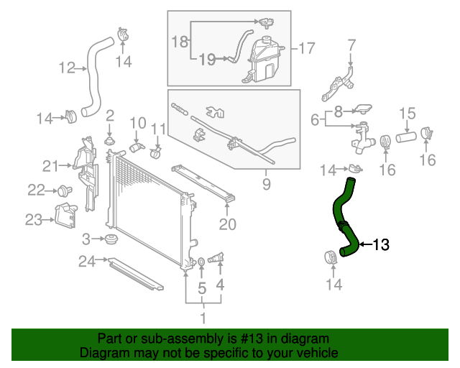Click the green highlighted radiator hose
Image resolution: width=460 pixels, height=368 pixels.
tap(343, 216)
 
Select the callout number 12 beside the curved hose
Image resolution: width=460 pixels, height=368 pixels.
tap(67, 68)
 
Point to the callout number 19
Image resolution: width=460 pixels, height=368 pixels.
tap(206, 60)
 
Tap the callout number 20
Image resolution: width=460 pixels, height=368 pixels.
tap(227, 224)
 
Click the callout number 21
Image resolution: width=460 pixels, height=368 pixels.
tap(50, 166)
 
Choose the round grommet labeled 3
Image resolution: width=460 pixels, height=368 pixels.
tap(111, 239)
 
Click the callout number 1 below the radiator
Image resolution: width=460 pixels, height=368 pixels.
tap(203, 317)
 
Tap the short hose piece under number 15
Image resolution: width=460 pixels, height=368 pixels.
tap(406, 136)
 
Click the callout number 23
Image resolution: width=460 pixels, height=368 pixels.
tap(33, 220)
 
